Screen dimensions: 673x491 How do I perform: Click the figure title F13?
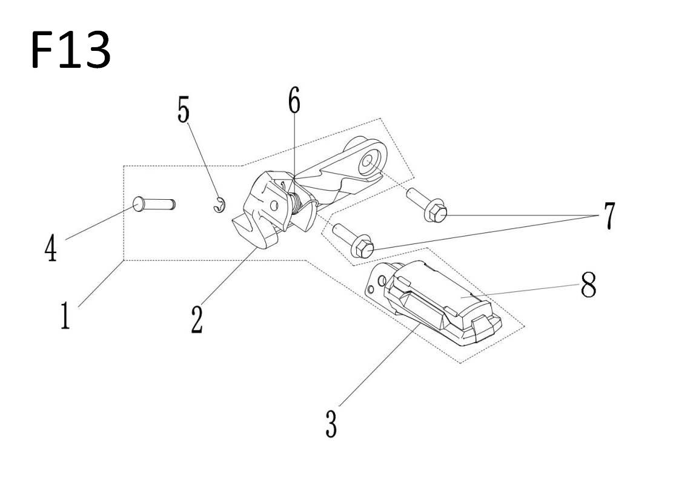pos(71,50)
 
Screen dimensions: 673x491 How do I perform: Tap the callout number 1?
pos(65,315)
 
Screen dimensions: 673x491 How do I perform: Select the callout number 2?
pos(197,320)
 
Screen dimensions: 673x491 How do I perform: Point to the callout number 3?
pos(331,424)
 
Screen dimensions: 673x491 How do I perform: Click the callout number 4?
pos(51,249)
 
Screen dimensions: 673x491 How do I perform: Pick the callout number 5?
pos(184,110)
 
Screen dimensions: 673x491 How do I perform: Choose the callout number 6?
pos(294,100)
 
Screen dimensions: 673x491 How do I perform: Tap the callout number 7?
pos(609,216)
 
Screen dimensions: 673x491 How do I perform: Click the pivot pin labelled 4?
pos(154,203)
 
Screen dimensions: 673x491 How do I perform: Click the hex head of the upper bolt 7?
pos(436,213)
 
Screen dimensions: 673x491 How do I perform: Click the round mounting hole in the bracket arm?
pos(368,162)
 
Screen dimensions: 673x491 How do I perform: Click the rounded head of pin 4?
pos(138,203)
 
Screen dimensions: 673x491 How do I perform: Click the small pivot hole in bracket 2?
pos(274,205)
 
